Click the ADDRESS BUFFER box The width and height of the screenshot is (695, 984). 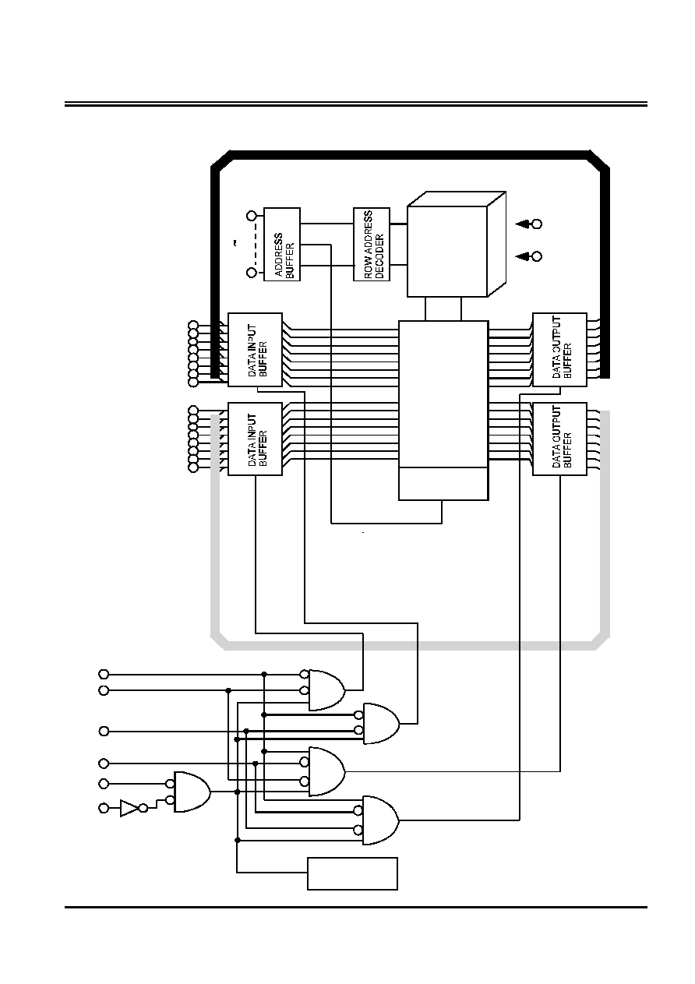coord(281,244)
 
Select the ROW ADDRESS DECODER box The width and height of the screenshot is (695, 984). coord(371,244)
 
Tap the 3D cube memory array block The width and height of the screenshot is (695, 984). coord(457,244)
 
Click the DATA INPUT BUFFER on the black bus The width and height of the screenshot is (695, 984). coord(255,350)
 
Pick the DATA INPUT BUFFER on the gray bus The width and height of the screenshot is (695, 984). coord(255,439)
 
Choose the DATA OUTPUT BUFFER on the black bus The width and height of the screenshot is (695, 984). coord(559,350)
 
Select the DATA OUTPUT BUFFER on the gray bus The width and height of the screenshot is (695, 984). coord(559,439)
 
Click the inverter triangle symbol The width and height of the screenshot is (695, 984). coord(129,808)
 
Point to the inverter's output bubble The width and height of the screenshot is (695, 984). coord(143,808)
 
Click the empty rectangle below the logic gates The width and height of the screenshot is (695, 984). coord(352,873)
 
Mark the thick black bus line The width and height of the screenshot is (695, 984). coord(411,154)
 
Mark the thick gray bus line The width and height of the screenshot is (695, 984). coord(411,645)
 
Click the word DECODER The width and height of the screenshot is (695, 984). coord(380,256)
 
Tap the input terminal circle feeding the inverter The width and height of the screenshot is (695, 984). coord(104,808)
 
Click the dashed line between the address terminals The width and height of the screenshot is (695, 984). coord(256,244)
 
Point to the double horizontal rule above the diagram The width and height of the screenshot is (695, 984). coord(356,104)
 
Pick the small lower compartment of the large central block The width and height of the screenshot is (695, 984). coord(443,483)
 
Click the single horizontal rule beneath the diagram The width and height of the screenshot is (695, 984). coord(356,907)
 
